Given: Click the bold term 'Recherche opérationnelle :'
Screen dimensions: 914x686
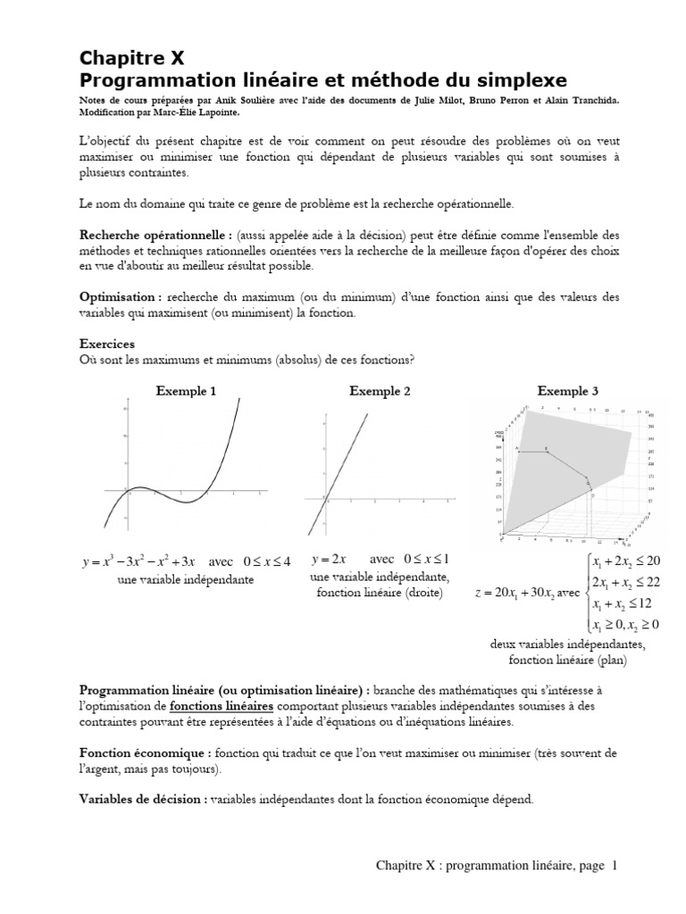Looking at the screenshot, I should [x=156, y=234].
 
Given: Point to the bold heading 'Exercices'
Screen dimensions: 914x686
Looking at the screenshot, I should [x=107, y=344].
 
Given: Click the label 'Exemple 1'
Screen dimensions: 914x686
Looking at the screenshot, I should [x=186, y=391].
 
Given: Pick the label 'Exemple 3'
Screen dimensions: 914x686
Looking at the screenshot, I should [x=567, y=391].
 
